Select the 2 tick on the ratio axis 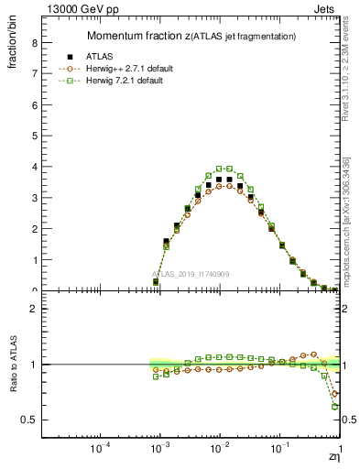(34, 309)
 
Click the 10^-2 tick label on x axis (220, 450)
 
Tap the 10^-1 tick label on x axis (279, 450)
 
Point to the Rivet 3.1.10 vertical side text (347, 82)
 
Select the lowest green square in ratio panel (335, 406)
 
